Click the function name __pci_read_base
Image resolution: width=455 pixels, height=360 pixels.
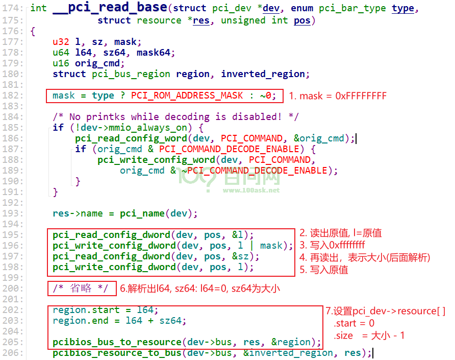point(110,7)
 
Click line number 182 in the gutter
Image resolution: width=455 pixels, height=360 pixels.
point(13,95)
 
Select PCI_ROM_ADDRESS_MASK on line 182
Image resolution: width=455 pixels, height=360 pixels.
point(187,95)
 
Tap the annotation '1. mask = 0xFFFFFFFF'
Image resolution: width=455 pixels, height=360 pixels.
point(338,96)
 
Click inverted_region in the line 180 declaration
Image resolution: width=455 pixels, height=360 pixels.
point(263,74)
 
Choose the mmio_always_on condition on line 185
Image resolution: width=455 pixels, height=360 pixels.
point(131,128)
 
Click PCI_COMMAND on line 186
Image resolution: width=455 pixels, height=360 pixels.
point(251,138)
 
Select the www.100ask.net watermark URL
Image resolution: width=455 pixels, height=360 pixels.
point(251,190)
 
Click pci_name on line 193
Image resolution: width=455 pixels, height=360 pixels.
point(142,213)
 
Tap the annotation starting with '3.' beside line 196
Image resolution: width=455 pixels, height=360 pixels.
point(332,245)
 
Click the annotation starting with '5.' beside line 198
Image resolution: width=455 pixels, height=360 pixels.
point(323,270)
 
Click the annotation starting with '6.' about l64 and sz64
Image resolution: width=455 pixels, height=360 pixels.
point(200,289)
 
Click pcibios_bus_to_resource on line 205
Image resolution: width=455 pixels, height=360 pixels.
point(117,342)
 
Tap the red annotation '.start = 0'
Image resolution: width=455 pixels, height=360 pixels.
point(354,323)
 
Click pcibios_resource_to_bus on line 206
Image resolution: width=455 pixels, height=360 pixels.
point(117,353)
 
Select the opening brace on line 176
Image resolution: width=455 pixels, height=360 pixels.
point(33,31)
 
